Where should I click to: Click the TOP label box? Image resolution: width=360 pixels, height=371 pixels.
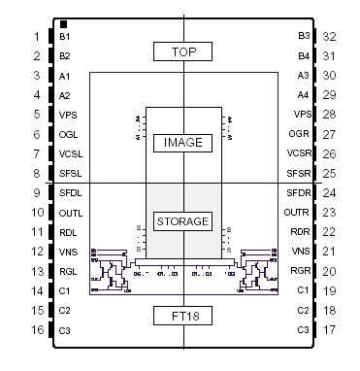click(x=183, y=51)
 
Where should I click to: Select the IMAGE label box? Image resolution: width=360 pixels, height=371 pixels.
click(x=183, y=142)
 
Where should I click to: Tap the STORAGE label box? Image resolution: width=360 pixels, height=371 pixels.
click(x=183, y=220)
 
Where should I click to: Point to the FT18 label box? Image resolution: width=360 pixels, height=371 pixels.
click(x=183, y=315)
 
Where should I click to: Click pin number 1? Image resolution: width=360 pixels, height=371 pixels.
click(x=36, y=37)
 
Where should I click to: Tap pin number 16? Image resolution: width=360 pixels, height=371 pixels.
click(x=36, y=330)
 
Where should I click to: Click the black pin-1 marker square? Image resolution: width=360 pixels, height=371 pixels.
click(x=63, y=24)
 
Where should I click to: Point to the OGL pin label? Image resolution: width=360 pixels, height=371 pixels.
click(x=68, y=134)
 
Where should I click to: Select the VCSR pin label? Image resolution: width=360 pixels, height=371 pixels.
click(x=298, y=153)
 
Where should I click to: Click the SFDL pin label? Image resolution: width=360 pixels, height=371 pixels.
click(x=71, y=193)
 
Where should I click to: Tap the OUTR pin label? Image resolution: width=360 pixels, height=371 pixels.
click(x=297, y=213)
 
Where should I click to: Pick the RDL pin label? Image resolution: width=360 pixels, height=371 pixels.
click(x=67, y=232)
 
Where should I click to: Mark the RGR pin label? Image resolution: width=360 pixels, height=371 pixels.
click(x=299, y=271)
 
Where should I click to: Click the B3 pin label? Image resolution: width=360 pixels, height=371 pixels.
click(x=303, y=37)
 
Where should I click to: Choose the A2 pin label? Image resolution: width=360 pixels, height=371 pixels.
click(x=65, y=95)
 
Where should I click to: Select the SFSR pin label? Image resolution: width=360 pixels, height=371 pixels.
click(x=298, y=173)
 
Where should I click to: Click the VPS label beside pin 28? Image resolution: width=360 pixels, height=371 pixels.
click(x=301, y=115)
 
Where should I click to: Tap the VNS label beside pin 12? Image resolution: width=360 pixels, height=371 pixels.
click(x=67, y=252)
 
